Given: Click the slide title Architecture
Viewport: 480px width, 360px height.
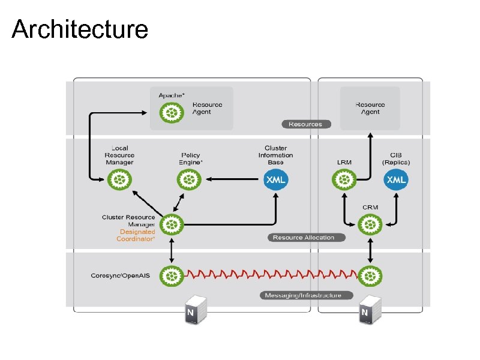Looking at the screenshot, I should (80, 29).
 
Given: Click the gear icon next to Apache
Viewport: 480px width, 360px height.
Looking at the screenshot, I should (172, 112).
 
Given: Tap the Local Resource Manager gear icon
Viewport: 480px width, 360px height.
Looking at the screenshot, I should (119, 179).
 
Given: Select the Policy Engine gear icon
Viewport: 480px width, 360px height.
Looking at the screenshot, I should (190, 179).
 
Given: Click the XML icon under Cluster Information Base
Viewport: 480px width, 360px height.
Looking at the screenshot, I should (276, 179).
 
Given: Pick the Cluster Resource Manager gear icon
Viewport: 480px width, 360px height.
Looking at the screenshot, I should (172, 225).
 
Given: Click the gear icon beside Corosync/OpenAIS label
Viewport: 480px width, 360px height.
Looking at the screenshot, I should (172, 275).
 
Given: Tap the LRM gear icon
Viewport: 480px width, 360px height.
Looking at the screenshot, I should (344, 179).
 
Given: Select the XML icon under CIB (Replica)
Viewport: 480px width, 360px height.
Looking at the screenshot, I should (396, 179).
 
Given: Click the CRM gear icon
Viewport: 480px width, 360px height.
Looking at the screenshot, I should (370, 225).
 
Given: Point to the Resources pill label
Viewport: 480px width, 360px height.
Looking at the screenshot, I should (305, 124).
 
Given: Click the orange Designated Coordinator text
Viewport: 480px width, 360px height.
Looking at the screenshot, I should (137, 235).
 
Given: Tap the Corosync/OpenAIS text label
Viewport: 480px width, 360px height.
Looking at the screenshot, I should (121, 275).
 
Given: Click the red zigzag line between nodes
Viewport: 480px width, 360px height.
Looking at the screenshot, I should (270, 275).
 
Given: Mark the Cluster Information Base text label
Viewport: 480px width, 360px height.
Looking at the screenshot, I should (276, 155).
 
